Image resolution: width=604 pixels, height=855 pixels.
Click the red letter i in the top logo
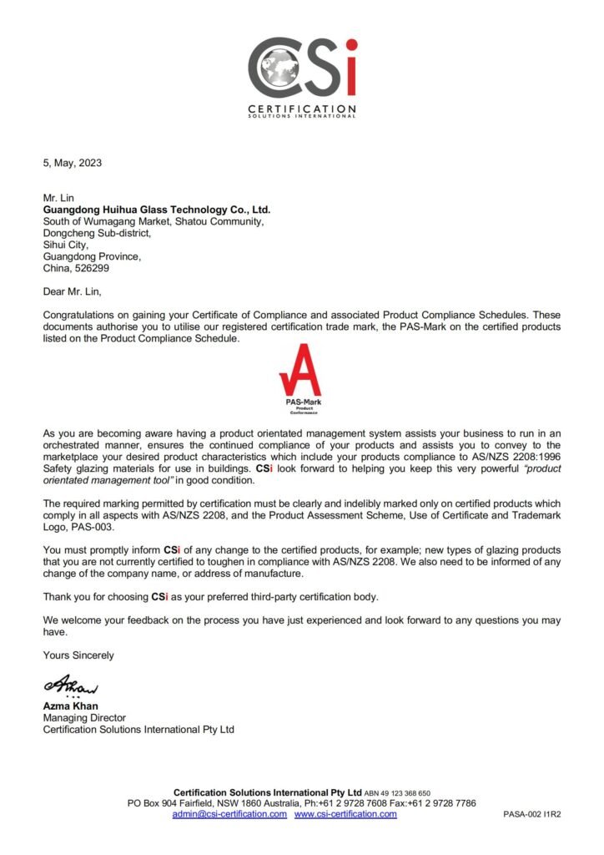pos(350,66)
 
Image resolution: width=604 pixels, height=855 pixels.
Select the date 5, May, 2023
pos(73,163)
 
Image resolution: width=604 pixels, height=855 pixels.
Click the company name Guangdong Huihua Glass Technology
pos(157,210)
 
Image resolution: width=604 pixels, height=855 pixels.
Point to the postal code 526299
pos(93,268)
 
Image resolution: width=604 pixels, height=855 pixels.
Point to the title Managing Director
pos(84,717)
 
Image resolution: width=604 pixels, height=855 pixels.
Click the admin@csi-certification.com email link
pos(229,813)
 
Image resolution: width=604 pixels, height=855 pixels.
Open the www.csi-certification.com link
pos(345,813)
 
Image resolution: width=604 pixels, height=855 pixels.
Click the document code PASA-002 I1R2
pos(531,814)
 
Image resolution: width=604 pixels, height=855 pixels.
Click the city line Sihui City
pos(66,245)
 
